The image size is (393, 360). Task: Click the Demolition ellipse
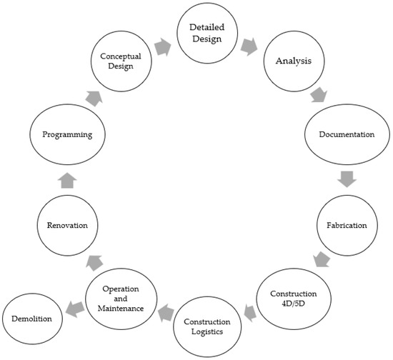pyautogui.click(x=31, y=318)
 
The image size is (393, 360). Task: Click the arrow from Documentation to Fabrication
pyautogui.click(x=347, y=179)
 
